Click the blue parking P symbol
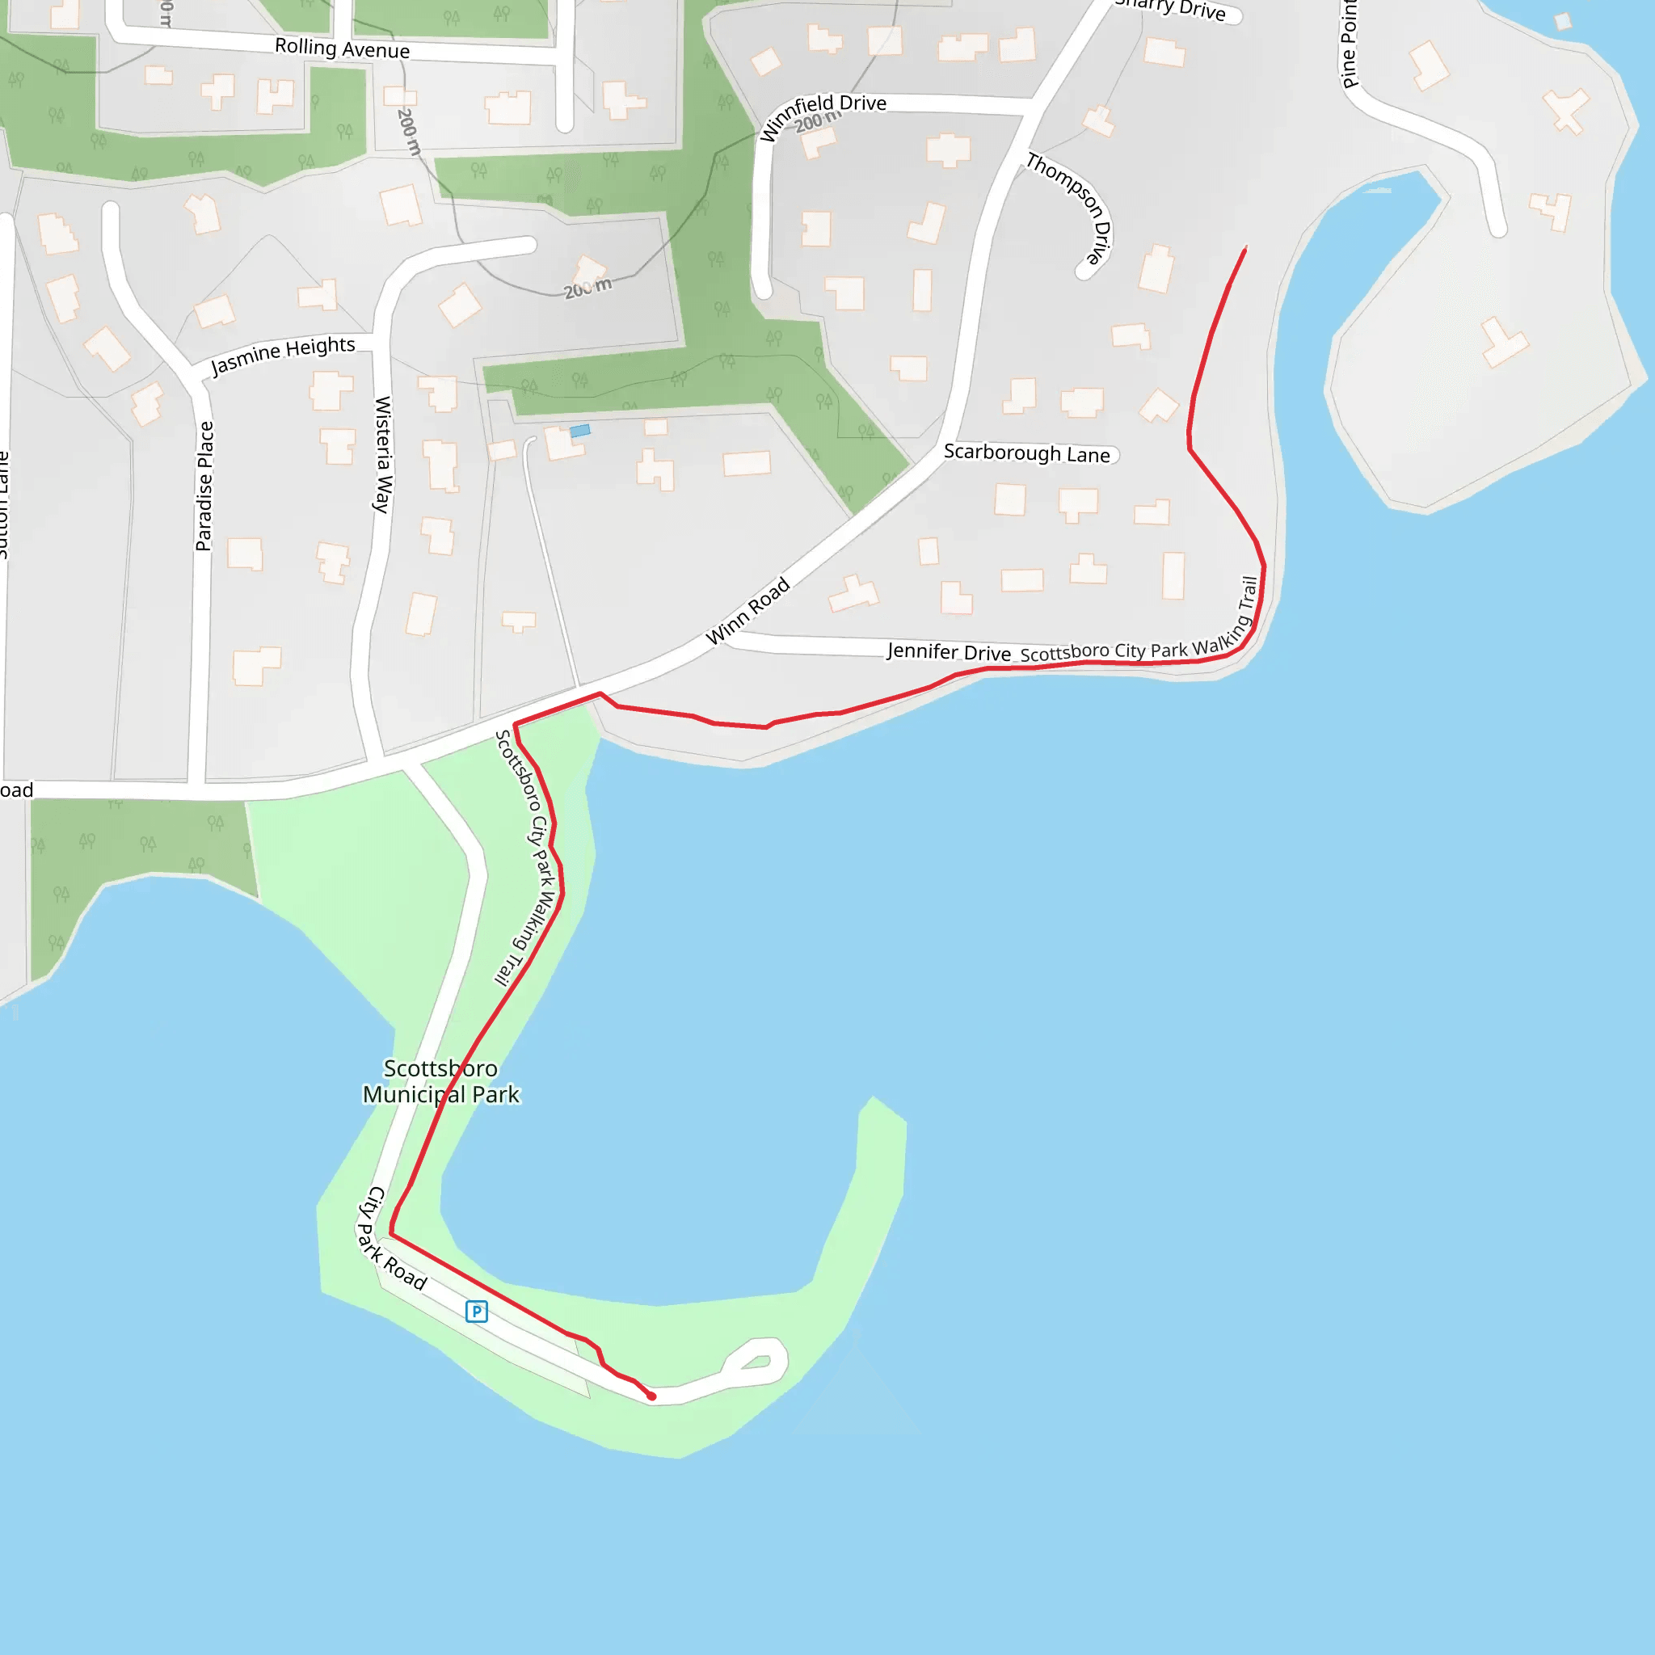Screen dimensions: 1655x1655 click(x=476, y=1312)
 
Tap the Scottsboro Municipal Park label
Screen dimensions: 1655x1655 click(x=440, y=1081)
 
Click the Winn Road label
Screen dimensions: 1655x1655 click(x=747, y=611)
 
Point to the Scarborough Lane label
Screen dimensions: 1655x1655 click(x=1026, y=453)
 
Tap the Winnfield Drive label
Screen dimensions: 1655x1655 click(x=823, y=116)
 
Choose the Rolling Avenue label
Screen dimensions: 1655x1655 click(x=342, y=48)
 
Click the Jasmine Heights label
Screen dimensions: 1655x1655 click(x=283, y=355)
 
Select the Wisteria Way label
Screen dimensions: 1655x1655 click(x=383, y=454)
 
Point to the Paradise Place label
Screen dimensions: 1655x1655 click(x=204, y=486)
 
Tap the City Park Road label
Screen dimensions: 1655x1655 click(x=390, y=1239)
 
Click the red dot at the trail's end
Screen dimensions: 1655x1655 click(x=652, y=1396)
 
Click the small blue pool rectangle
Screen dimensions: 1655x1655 click(x=580, y=431)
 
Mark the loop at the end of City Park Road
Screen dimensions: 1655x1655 click(x=755, y=1361)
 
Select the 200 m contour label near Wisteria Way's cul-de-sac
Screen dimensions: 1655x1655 click(x=587, y=288)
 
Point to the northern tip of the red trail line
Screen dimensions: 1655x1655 click(x=1245, y=248)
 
